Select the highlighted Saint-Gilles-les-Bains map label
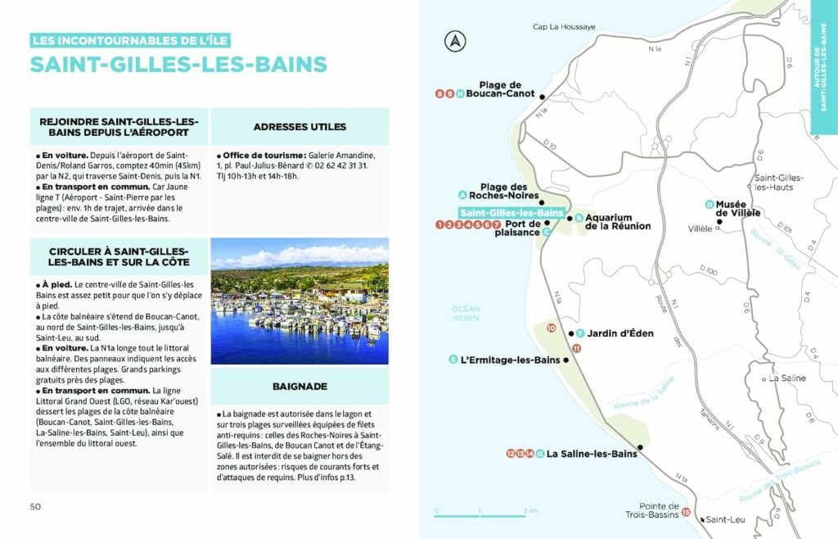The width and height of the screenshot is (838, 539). [x=511, y=213]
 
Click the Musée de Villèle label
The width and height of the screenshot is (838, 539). [x=738, y=209]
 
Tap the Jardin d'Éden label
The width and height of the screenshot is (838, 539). [x=620, y=333]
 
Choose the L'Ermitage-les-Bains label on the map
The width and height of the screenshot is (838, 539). [x=511, y=360]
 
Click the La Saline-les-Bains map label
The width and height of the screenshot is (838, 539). [x=591, y=453]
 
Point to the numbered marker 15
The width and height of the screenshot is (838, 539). [x=686, y=513]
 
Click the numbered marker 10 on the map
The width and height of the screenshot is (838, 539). [x=551, y=328]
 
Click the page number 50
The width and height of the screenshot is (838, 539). [x=35, y=506]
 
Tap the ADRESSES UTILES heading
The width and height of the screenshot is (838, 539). [x=300, y=127]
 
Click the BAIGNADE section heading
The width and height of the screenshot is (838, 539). [x=300, y=385]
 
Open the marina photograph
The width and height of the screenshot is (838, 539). [x=300, y=301]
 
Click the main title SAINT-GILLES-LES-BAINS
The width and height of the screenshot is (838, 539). [x=178, y=65]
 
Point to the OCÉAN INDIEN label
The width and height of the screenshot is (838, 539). [x=466, y=313]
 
